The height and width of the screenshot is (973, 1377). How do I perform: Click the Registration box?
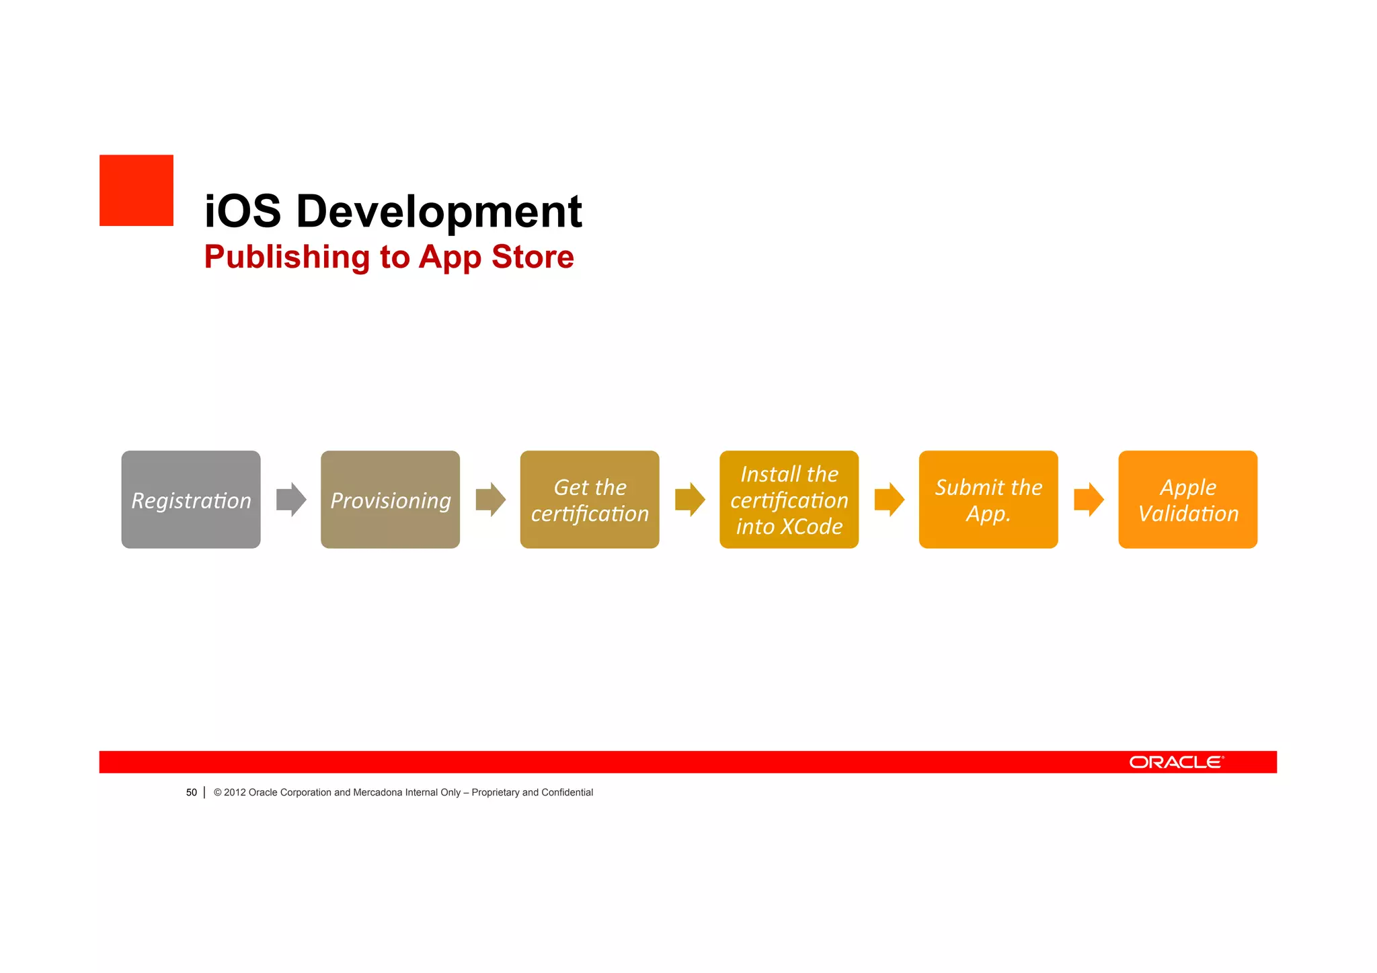pyautogui.click(x=191, y=500)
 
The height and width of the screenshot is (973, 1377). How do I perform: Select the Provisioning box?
pyautogui.click(x=390, y=500)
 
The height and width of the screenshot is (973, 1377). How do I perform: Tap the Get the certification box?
pyautogui.click(x=590, y=500)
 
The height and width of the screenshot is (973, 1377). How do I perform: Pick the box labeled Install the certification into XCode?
pyautogui.click(x=789, y=500)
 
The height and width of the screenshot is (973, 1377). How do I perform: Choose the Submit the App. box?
pyautogui.click(x=988, y=500)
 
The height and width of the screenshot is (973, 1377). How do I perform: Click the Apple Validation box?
pyautogui.click(x=1187, y=500)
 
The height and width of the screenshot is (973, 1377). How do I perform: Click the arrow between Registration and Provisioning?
pyautogui.click(x=291, y=500)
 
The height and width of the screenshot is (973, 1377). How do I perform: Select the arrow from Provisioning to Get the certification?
pyautogui.click(x=490, y=500)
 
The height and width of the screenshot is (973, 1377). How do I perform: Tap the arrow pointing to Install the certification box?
pyautogui.click(x=690, y=500)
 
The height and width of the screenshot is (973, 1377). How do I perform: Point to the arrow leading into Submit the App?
pyautogui.click(x=889, y=500)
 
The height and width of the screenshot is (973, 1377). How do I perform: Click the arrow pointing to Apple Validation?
pyautogui.click(x=1089, y=500)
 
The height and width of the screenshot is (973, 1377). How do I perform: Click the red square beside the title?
pyautogui.click(x=136, y=190)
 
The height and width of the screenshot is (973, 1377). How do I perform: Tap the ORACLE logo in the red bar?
pyautogui.click(x=1176, y=762)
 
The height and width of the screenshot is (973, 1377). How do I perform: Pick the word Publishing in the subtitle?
pyautogui.click(x=287, y=258)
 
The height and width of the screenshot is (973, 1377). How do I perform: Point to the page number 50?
pyautogui.click(x=192, y=793)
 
